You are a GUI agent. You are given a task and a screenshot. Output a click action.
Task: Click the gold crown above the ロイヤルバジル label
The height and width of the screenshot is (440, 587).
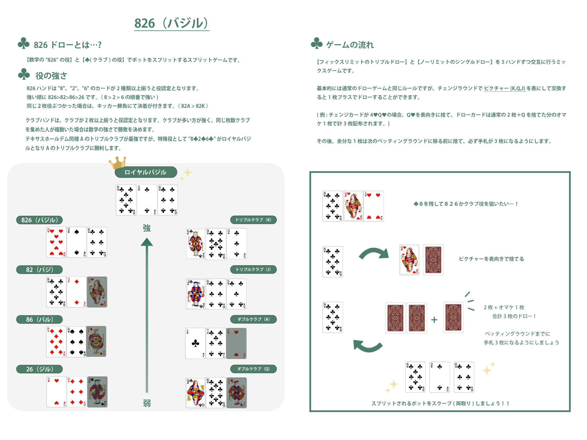[x=118, y=162]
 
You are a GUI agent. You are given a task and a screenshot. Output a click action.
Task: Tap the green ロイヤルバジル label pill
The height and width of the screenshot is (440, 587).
[x=146, y=172]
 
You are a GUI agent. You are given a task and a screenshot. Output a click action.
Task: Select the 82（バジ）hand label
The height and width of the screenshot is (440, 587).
[x=40, y=270]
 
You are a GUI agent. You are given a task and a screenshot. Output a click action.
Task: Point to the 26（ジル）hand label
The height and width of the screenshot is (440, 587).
[x=40, y=369]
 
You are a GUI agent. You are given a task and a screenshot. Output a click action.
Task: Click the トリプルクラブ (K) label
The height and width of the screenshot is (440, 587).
[x=253, y=220]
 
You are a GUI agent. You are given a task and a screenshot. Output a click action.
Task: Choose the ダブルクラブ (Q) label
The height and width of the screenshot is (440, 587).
[x=253, y=369]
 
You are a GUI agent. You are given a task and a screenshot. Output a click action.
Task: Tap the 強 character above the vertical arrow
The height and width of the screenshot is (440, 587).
[x=147, y=228]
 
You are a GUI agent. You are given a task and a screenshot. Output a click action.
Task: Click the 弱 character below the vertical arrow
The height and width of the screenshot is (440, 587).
[x=147, y=403]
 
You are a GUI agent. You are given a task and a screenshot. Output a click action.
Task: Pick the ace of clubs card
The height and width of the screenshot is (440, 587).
[x=195, y=343]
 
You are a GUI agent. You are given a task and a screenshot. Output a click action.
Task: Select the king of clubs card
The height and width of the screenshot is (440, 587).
[x=195, y=243]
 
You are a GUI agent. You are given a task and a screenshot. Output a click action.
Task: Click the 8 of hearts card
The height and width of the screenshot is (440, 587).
[x=56, y=242]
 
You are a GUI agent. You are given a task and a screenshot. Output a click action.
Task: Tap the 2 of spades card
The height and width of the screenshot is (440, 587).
[x=77, y=242]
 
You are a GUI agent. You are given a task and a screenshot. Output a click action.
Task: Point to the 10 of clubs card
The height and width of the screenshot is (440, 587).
[x=216, y=393]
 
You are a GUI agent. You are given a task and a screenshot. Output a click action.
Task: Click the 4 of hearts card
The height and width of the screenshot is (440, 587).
[x=374, y=206]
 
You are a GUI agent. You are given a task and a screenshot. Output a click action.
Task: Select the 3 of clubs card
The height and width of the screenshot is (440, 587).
[x=237, y=243]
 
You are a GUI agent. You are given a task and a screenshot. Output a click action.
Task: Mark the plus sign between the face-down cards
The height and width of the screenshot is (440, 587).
[x=434, y=319]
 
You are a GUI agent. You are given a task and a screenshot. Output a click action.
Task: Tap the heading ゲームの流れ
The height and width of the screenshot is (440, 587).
[x=350, y=45]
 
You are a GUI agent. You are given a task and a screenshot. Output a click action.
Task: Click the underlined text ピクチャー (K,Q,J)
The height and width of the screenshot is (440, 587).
[x=504, y=89]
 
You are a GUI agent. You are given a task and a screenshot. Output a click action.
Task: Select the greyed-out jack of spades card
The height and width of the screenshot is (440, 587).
[x=97, y=392]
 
